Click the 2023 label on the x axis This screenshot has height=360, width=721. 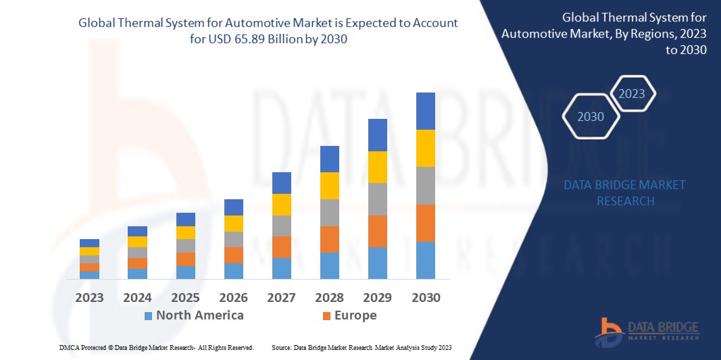coord(89,297)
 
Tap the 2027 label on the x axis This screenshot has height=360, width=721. coord(281,297)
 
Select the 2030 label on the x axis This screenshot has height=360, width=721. coord(425,297)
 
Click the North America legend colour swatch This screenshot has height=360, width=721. coord(148,315)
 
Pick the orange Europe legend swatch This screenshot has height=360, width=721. coord(326,315)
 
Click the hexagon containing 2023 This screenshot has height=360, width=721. coord(632,94)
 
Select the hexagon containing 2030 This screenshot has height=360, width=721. coord(591,116)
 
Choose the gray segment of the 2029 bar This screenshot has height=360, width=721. coord(377,199)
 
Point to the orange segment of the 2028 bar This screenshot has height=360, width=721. coord(329,239)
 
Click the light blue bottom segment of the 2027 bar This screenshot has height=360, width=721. coord(281,268)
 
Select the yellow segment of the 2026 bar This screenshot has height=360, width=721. coord(233,224)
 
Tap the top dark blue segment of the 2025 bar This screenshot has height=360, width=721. coord(185,220)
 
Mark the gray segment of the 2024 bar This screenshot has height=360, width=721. coord(137,253)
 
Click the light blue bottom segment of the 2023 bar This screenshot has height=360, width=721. coord(89,275)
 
